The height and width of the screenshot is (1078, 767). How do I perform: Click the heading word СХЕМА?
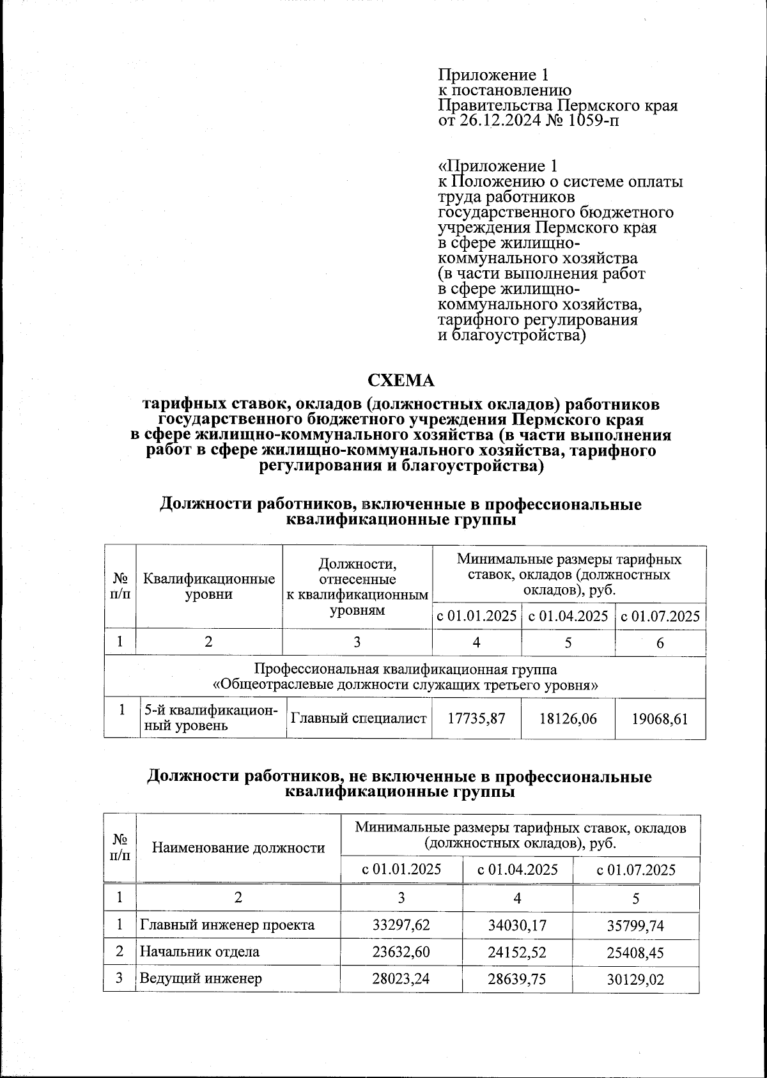pos(401,381)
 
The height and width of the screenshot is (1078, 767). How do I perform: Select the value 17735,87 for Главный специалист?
pos(476,718)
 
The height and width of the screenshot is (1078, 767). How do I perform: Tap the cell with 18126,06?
pos(568,718)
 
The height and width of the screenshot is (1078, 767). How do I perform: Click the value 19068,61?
pos(660,719)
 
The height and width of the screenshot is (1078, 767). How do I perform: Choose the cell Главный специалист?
pos(359,718)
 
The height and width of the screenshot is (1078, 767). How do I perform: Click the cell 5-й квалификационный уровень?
pos(212,718)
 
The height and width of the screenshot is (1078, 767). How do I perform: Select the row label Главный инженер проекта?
pos(227,925)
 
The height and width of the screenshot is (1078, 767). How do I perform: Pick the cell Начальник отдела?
pos(199,951)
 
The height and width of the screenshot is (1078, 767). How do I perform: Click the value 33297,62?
pos(401,925)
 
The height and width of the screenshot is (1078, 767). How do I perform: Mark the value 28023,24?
pos(401,978)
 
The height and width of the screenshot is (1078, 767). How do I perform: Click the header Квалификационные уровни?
pos(209,587)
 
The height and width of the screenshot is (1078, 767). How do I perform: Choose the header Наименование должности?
pos(238,848)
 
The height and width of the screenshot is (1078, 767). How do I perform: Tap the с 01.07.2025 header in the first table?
pos(660,617)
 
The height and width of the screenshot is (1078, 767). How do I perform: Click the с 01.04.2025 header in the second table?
pos(518,870)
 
